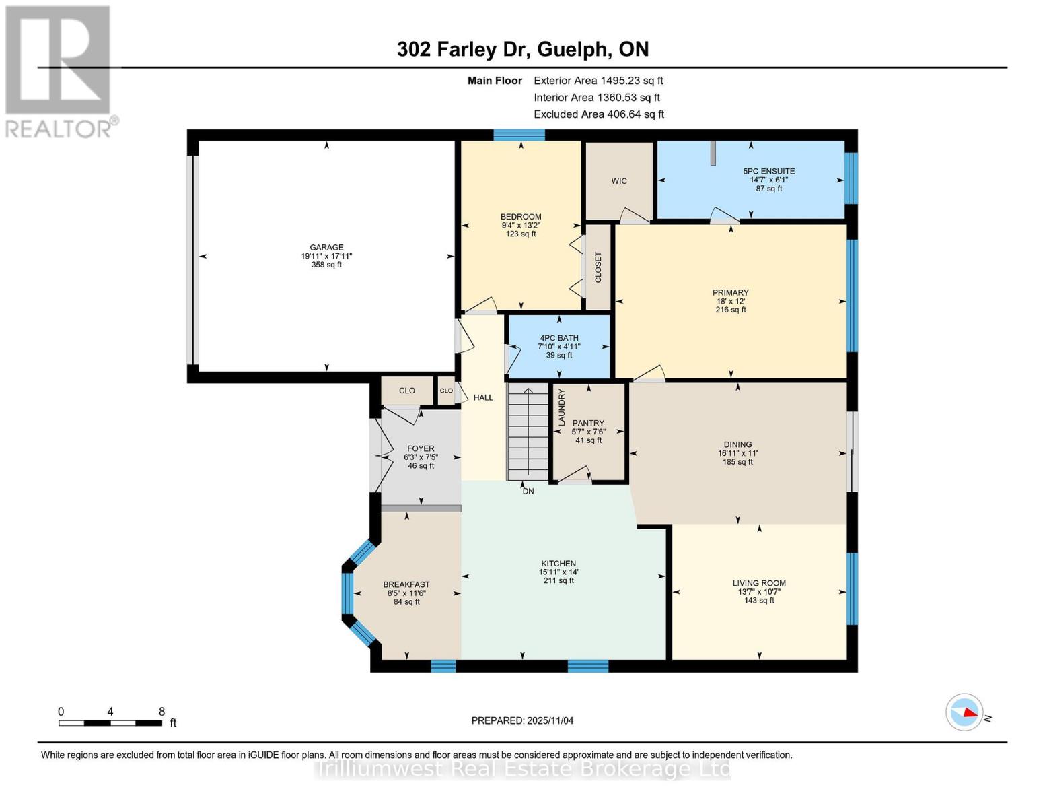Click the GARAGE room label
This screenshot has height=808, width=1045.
pos(326,247)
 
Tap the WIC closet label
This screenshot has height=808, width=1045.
pos(619,181)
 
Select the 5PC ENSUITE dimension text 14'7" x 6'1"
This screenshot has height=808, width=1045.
pos(769,180)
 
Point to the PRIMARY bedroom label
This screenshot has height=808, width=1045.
pos(731,293)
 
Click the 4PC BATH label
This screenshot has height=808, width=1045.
pos(558,338)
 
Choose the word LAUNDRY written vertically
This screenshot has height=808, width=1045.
pos(561,407)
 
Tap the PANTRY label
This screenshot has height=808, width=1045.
pos(588,423)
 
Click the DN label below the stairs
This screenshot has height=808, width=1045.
pos(528,492)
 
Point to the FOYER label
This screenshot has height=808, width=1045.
pos(421,448)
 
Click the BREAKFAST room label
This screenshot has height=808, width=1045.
pos(406,584)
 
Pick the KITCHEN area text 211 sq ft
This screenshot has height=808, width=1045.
pos(558,580)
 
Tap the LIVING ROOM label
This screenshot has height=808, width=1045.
pos(759,583)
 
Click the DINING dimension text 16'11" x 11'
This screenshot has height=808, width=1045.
pos(737,453)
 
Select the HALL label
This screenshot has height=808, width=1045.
pos(483,397)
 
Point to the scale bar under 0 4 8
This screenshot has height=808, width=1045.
pos(110,722)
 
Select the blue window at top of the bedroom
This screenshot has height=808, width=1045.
pos(519,135)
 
